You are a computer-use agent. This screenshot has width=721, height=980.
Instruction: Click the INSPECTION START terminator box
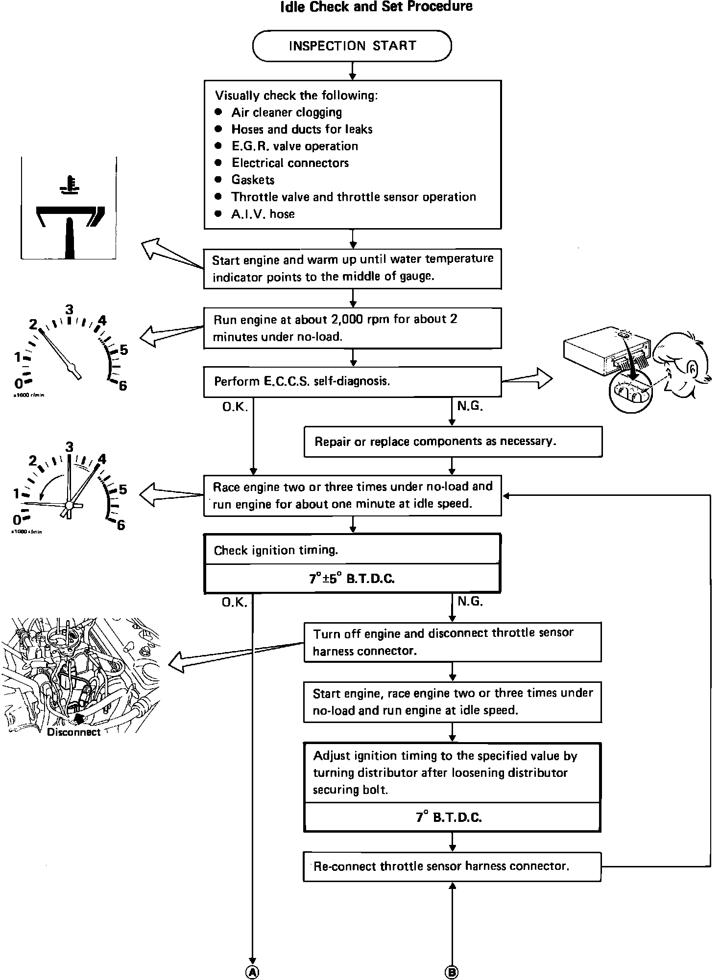pos(352,46)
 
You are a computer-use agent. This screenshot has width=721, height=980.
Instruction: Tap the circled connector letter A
pos(252,972)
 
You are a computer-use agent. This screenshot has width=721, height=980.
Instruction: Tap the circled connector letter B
pos(452,972)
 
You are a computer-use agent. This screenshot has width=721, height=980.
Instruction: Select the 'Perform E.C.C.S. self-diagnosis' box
pos(352,381)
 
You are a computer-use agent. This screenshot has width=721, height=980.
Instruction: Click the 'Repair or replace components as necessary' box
pos(453,442)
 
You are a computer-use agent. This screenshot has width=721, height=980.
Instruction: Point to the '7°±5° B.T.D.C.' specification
pos(352,579)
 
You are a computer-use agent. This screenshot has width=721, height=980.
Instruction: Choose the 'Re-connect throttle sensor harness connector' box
pos(452,866)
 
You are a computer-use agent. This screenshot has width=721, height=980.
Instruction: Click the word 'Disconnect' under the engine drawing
pos(73,732)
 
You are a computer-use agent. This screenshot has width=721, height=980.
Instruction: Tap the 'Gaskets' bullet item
pos(253,180)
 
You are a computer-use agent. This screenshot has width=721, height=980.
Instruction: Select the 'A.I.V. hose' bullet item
pos(263,214)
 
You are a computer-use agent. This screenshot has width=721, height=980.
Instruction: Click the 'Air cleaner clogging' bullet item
pos(287,113)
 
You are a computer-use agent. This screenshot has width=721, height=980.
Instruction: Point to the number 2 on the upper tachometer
pos(33,325)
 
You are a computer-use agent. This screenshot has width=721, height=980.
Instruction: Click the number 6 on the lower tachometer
pos(120,525)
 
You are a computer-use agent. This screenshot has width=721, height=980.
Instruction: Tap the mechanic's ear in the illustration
pos(693,369)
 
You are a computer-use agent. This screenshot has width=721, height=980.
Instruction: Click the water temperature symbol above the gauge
pos(69,185)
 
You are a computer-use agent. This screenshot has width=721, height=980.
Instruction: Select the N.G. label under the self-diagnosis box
pos(470,406)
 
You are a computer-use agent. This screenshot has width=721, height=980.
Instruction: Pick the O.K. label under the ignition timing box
pos(235,602)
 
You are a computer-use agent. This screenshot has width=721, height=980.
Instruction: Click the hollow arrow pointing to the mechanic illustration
pos(529,378)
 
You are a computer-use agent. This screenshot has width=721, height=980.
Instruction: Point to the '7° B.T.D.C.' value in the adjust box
pos(449,817)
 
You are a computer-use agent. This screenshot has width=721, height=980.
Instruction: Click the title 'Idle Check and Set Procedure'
pos(376,7)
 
